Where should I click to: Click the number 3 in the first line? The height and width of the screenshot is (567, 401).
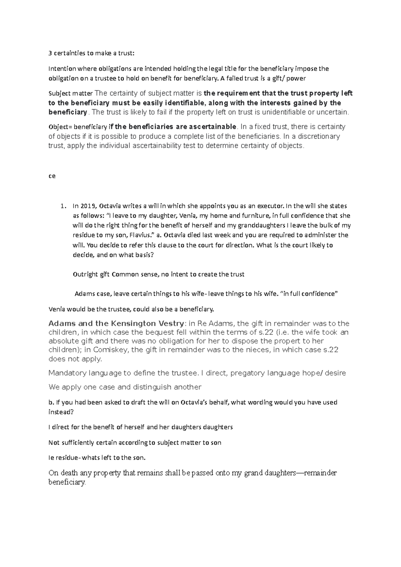50,53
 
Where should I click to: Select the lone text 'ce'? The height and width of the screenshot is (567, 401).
52,176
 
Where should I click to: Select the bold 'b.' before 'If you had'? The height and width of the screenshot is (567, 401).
51,402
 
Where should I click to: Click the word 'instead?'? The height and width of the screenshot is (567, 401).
61,412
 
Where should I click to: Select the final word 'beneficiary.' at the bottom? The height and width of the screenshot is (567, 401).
67,483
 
